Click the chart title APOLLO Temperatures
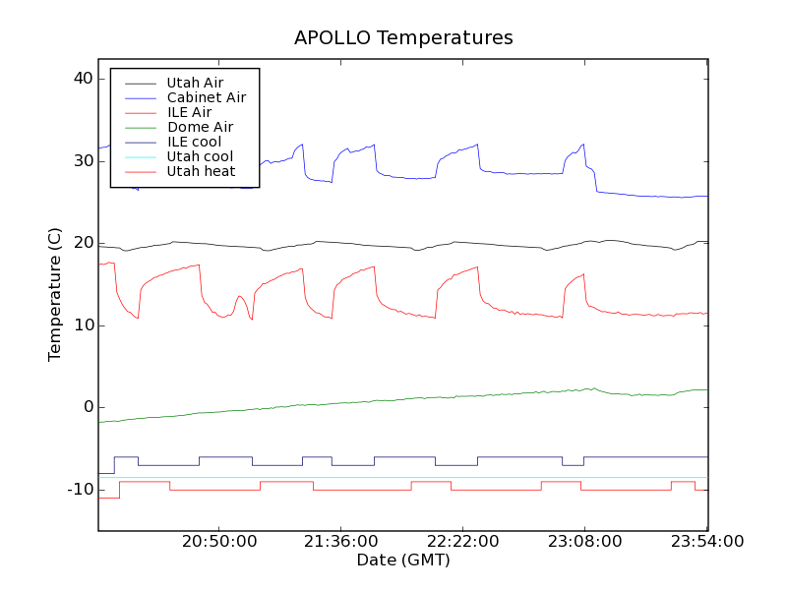click(403, 38)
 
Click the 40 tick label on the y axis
click(83, 79)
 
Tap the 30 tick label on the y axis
click(83, 161)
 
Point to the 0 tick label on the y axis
click(88, 407)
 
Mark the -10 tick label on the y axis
click(80, 490)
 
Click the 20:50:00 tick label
click(219, 542)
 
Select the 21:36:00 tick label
click(341, 542)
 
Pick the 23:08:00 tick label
click(585, 542)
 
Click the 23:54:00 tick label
click(706, 542)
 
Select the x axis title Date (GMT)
click(403, 560)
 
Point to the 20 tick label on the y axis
click(83, 243)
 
